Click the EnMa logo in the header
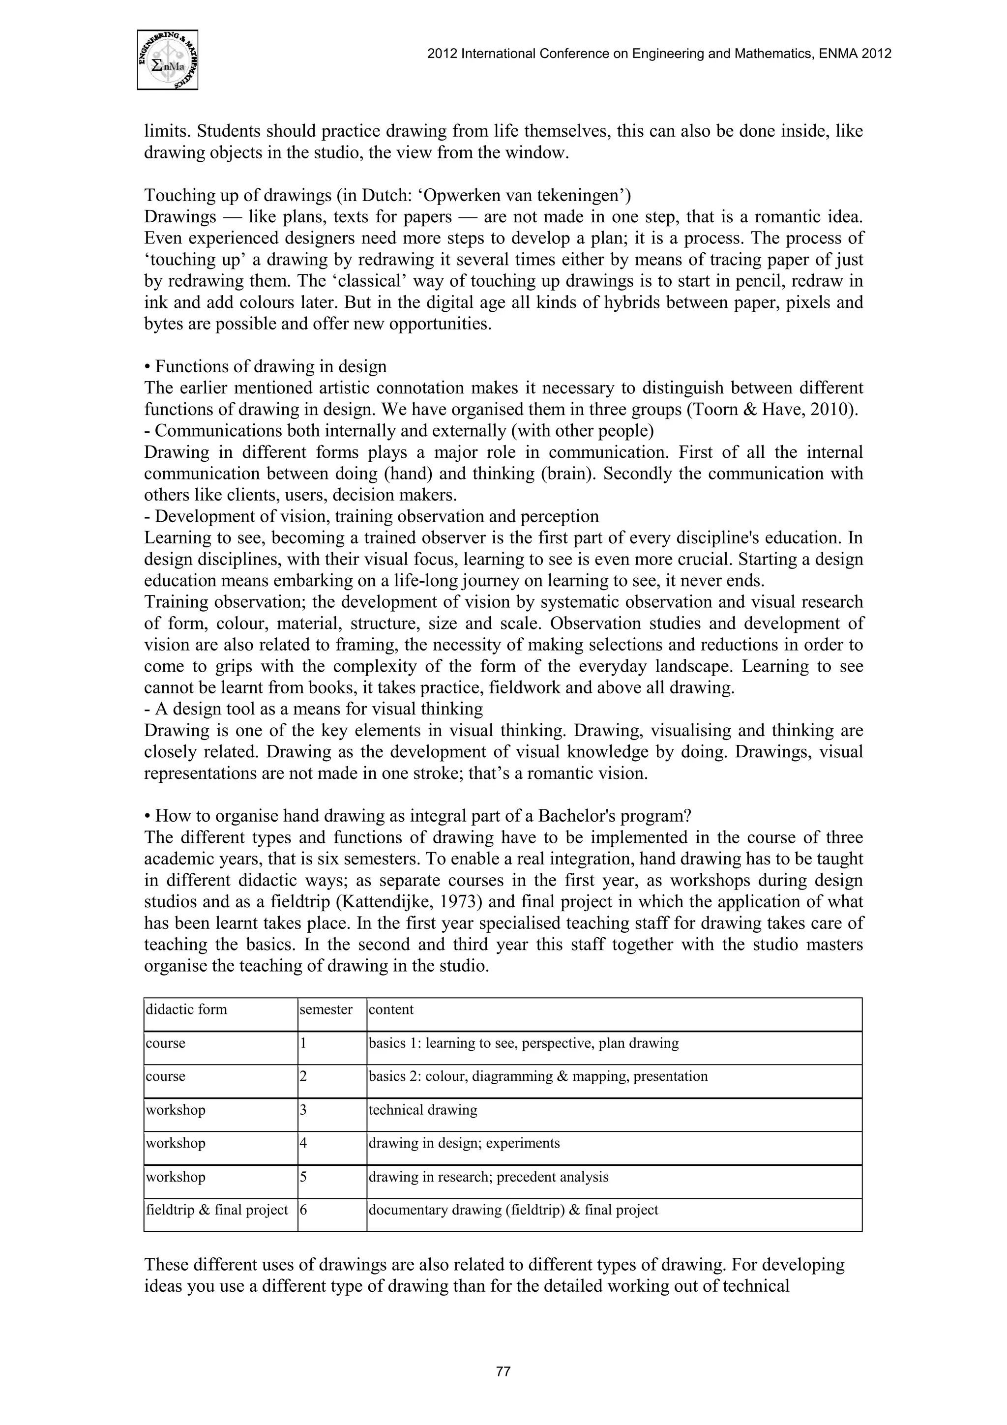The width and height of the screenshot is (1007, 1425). pos(168,60)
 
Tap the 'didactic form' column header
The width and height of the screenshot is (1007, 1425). pos(186,1009)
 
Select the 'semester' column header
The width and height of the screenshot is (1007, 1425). pos(326,1009)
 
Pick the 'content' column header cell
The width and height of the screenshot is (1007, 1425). pos(391,1009)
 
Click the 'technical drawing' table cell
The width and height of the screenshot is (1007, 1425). pos(423,1110)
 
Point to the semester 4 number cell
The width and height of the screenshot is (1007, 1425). pos(304,1143)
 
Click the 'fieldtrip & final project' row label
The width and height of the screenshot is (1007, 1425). pos(217,1210)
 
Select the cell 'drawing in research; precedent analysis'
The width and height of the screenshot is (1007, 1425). pos(488,1177)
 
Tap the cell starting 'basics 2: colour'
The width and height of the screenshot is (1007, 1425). pos(538,1076)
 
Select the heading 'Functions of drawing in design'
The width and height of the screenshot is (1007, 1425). pos(270,367)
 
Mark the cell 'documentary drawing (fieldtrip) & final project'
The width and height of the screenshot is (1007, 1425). pos(513,1210)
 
